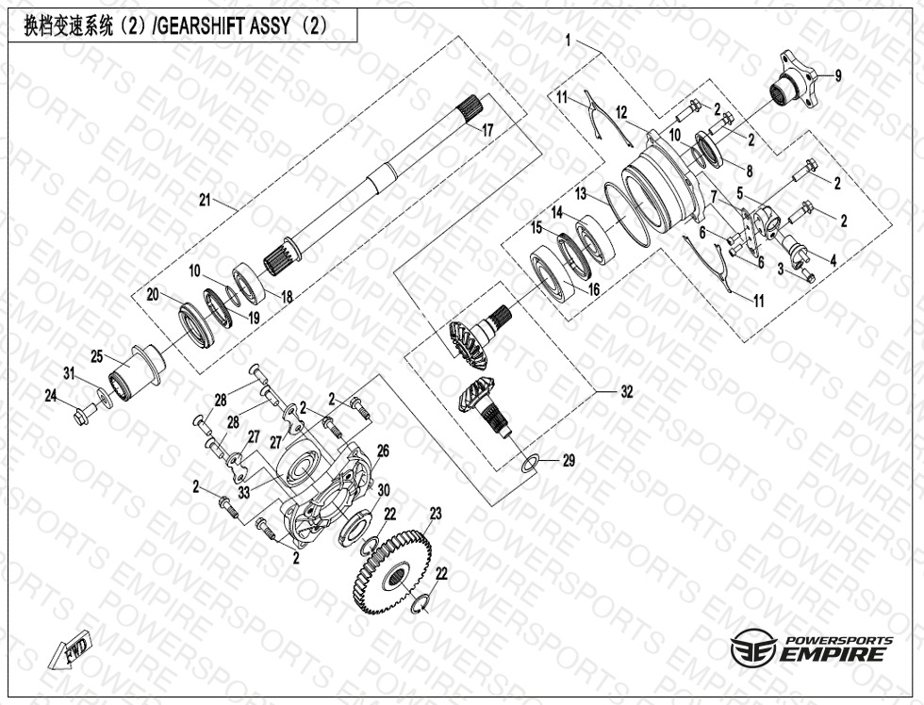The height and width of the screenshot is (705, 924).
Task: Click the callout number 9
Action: point(838,75)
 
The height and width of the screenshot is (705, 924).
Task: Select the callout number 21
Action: point(206,200)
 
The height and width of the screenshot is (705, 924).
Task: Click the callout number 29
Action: point(568,461)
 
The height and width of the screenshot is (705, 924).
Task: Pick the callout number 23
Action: point(435,514)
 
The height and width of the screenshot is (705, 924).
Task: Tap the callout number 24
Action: point(50,395)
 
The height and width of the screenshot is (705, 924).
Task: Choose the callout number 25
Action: point(96,355)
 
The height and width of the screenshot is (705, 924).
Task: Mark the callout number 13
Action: point(582,193)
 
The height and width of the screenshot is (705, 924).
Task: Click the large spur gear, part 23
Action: point(393,570)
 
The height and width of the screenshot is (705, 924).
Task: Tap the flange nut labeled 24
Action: point(83,411)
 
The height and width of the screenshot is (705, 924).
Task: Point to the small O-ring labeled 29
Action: point(531,462)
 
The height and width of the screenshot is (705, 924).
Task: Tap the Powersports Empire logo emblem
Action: point(754,648)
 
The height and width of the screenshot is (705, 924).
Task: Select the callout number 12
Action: point(621,113)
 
